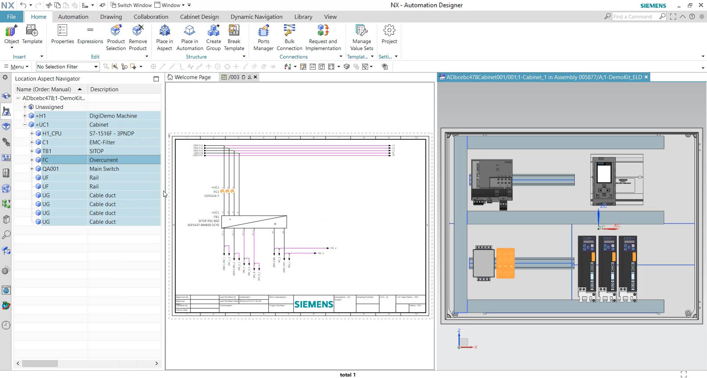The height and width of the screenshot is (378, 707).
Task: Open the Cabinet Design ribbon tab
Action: coord(199,17)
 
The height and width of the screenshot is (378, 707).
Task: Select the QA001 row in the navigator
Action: coord(50,169)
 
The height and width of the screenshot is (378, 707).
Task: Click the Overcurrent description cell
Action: coord(104,160)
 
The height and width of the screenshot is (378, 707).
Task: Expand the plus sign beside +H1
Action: coord(25,116)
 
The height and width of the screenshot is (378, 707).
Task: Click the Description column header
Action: coord(104,89)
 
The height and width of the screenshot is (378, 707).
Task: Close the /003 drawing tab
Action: coord(255,77)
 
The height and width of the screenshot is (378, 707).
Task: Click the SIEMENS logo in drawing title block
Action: coord(314,304)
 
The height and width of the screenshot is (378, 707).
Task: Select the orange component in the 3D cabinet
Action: coord(505,263)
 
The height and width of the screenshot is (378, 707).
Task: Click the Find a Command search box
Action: coord(635,17)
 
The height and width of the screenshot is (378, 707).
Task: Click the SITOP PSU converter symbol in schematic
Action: coord(254,222)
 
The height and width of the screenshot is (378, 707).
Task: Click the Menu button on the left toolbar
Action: coord(16,67)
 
